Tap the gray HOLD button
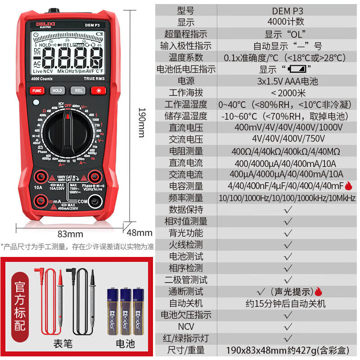[57, 90]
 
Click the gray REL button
[79, 90]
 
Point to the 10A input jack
[38, 176]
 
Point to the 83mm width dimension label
[71, 234]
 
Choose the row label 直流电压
[186, 127]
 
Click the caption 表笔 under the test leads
[63, 344]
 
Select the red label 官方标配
[19, 307]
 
